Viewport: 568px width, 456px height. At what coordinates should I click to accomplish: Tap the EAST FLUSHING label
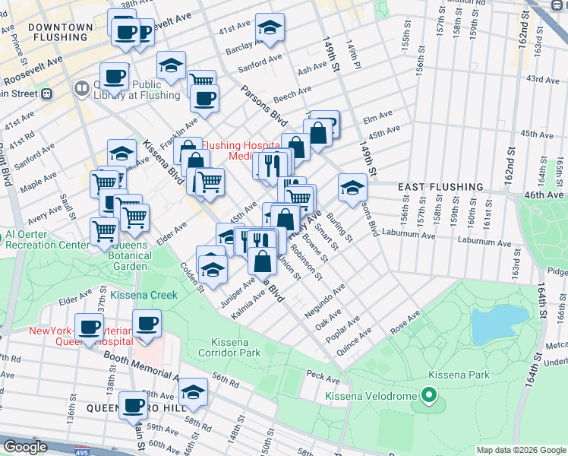click(440, 186)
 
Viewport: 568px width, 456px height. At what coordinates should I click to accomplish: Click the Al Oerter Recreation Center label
click(47, 245)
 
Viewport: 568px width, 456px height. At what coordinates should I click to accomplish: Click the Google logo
click(25, 446)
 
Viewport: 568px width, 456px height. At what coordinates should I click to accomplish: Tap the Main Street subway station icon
click(46, 93)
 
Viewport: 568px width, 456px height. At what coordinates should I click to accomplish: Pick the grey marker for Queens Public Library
click(81, 89)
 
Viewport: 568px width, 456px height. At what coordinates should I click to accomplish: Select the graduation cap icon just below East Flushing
click(352, 187)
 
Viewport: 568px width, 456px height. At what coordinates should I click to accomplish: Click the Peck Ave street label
click(323, 376)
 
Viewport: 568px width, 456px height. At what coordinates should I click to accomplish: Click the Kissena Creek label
click(144, 295)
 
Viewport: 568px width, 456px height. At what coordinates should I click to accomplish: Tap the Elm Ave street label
click(377, 116)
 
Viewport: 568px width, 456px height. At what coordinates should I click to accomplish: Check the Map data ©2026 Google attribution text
click(520, 450)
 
